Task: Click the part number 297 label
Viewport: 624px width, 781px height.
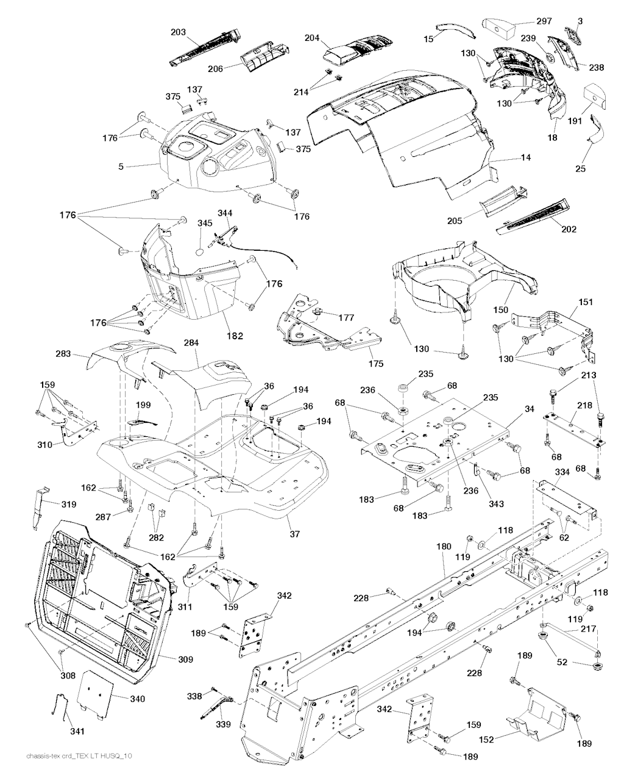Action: click(x=544, y=21)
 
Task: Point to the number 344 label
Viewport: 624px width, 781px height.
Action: click(x=225, y=213)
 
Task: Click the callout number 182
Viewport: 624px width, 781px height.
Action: click(x=235, y=336)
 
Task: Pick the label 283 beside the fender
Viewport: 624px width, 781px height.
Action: click(x=63, y=354)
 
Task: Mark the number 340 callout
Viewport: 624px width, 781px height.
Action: click(x=137, y=699)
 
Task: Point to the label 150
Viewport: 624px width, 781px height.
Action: click(x=500, y=310)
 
